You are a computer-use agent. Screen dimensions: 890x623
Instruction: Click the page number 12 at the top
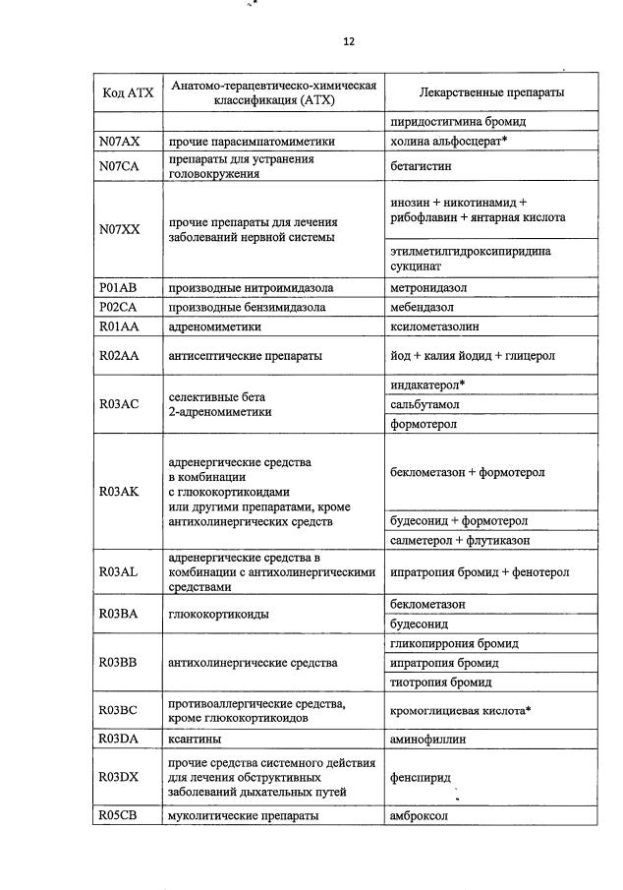tap(348, 42)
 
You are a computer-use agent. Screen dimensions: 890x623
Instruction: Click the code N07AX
tap(120, 142)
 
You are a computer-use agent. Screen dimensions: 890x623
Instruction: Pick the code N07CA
tap(120, 166)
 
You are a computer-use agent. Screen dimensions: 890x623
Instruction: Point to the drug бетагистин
tap(420, 166)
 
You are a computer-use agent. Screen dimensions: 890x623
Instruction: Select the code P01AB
tap(120, 288)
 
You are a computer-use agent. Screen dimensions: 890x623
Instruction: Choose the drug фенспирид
tap(421, 777)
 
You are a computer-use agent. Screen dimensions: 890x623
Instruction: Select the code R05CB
tap(120, 815)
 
